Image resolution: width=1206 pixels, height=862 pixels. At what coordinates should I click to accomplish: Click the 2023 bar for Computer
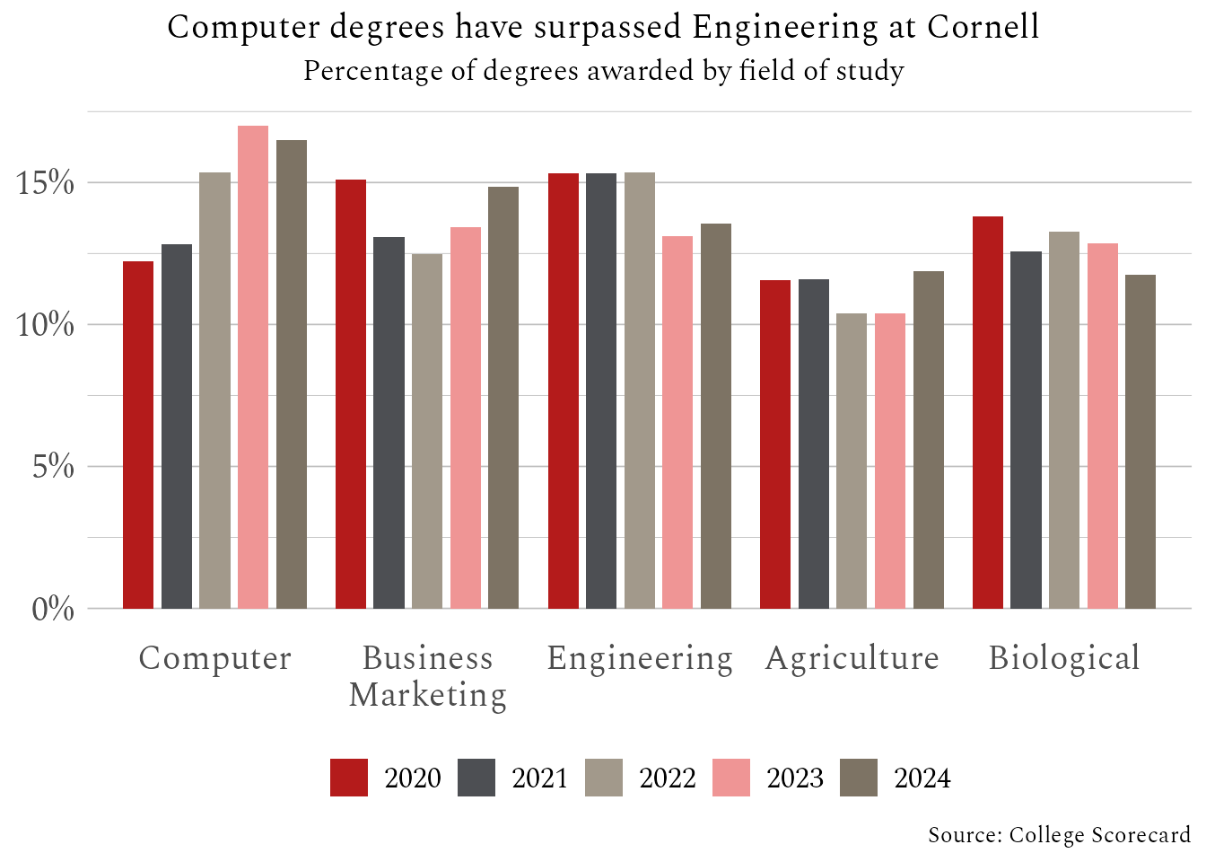point(253,367)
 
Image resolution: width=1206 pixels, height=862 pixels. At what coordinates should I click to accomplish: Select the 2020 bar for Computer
point(138,435)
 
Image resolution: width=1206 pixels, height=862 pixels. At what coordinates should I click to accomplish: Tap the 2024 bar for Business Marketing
point(503,398)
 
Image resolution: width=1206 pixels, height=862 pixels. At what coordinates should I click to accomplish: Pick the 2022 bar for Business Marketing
point(427,431)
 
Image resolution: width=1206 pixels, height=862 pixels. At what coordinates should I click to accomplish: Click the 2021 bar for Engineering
point(601,391)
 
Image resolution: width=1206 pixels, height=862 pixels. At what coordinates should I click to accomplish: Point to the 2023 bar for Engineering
point(677,422)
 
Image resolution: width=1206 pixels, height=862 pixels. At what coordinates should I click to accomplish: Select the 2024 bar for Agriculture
point(929,440)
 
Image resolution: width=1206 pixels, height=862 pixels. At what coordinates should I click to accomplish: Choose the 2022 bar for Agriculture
point(852,461)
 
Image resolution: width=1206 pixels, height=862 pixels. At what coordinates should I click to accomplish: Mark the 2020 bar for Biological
point(988,412)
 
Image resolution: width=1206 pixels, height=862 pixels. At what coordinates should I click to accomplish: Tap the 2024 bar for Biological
point(1140,442)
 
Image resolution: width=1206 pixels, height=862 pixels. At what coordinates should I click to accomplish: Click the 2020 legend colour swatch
point(349,778)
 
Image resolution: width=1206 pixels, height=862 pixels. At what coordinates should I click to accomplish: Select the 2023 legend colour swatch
point(731,778)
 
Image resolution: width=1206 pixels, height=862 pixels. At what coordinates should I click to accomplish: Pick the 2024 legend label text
point(922,778)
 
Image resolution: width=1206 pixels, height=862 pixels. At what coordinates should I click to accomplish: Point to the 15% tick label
point(45,183)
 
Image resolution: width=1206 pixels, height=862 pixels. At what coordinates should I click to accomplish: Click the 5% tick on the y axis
point(53,467)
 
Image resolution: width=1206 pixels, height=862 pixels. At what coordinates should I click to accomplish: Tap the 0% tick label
point(53,610)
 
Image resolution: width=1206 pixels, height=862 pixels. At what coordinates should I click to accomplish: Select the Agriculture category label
point(852,658)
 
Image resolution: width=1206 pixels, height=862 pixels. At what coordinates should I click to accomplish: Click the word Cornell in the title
point(983,27)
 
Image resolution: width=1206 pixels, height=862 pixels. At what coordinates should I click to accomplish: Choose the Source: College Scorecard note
point(1059,835)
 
